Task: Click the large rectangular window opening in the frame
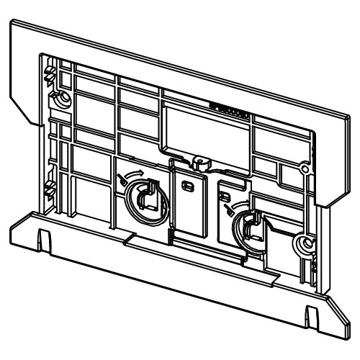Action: (x=205, y=130)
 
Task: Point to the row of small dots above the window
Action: (x=229, y=109)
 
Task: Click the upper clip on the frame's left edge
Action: (x=50, y=73)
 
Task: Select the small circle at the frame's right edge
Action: (x=307, y=165)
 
